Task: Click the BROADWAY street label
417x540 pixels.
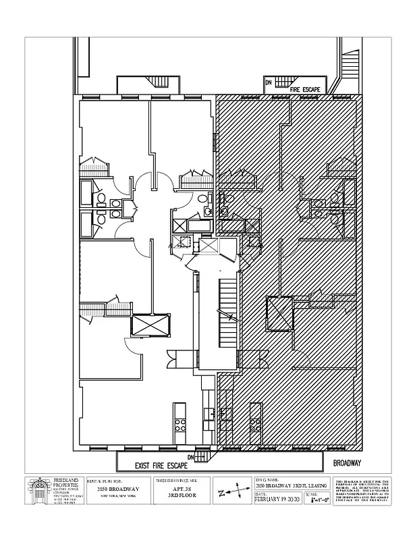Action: click(x=347, y=464)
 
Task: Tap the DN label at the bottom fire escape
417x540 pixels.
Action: click(x=191, y=458)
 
